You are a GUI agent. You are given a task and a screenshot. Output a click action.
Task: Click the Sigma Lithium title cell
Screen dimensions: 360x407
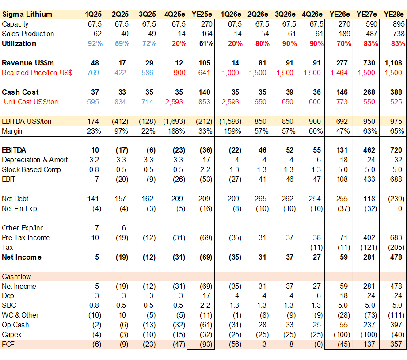pos(27,14)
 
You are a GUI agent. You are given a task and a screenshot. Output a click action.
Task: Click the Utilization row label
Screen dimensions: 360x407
pos(19,43)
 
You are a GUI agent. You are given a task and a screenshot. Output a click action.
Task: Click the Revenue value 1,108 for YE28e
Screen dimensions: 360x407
pos(393,63)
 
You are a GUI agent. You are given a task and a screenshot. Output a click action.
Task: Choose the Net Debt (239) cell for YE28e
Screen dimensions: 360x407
pos(393,199)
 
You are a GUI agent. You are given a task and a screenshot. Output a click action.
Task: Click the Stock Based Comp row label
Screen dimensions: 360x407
pos(31,170)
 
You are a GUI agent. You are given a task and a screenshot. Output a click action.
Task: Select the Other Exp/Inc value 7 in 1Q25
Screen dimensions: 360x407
pos(97,228)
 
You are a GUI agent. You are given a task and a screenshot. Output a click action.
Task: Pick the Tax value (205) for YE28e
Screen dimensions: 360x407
pos(393,248)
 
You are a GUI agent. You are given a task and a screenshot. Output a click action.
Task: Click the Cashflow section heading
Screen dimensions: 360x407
pos(16,276)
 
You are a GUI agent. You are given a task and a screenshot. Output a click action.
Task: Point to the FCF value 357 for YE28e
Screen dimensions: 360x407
pos(395,344)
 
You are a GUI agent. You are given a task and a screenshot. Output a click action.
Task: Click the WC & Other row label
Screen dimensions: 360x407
pos(20,315)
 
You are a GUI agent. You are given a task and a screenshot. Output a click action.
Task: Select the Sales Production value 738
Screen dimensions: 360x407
pos(395,34)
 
